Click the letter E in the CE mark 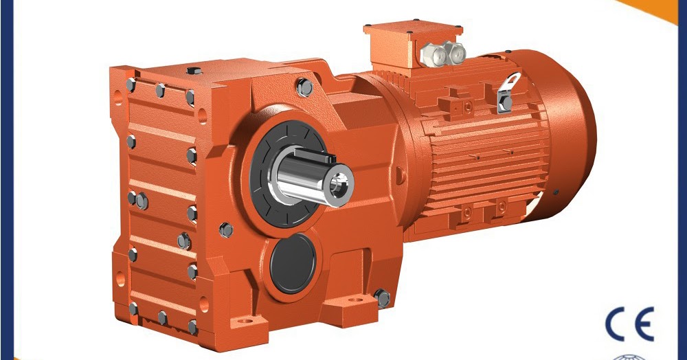tap(644, 324)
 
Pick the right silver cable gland tap(453, 49)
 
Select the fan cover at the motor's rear tap(570, 137)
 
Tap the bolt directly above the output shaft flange tap(304, 87)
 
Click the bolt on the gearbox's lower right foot tap(382, 298)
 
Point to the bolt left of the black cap tap(226, 230)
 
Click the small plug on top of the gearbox tap(193, 70)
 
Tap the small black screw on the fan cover tap(555, 192)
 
